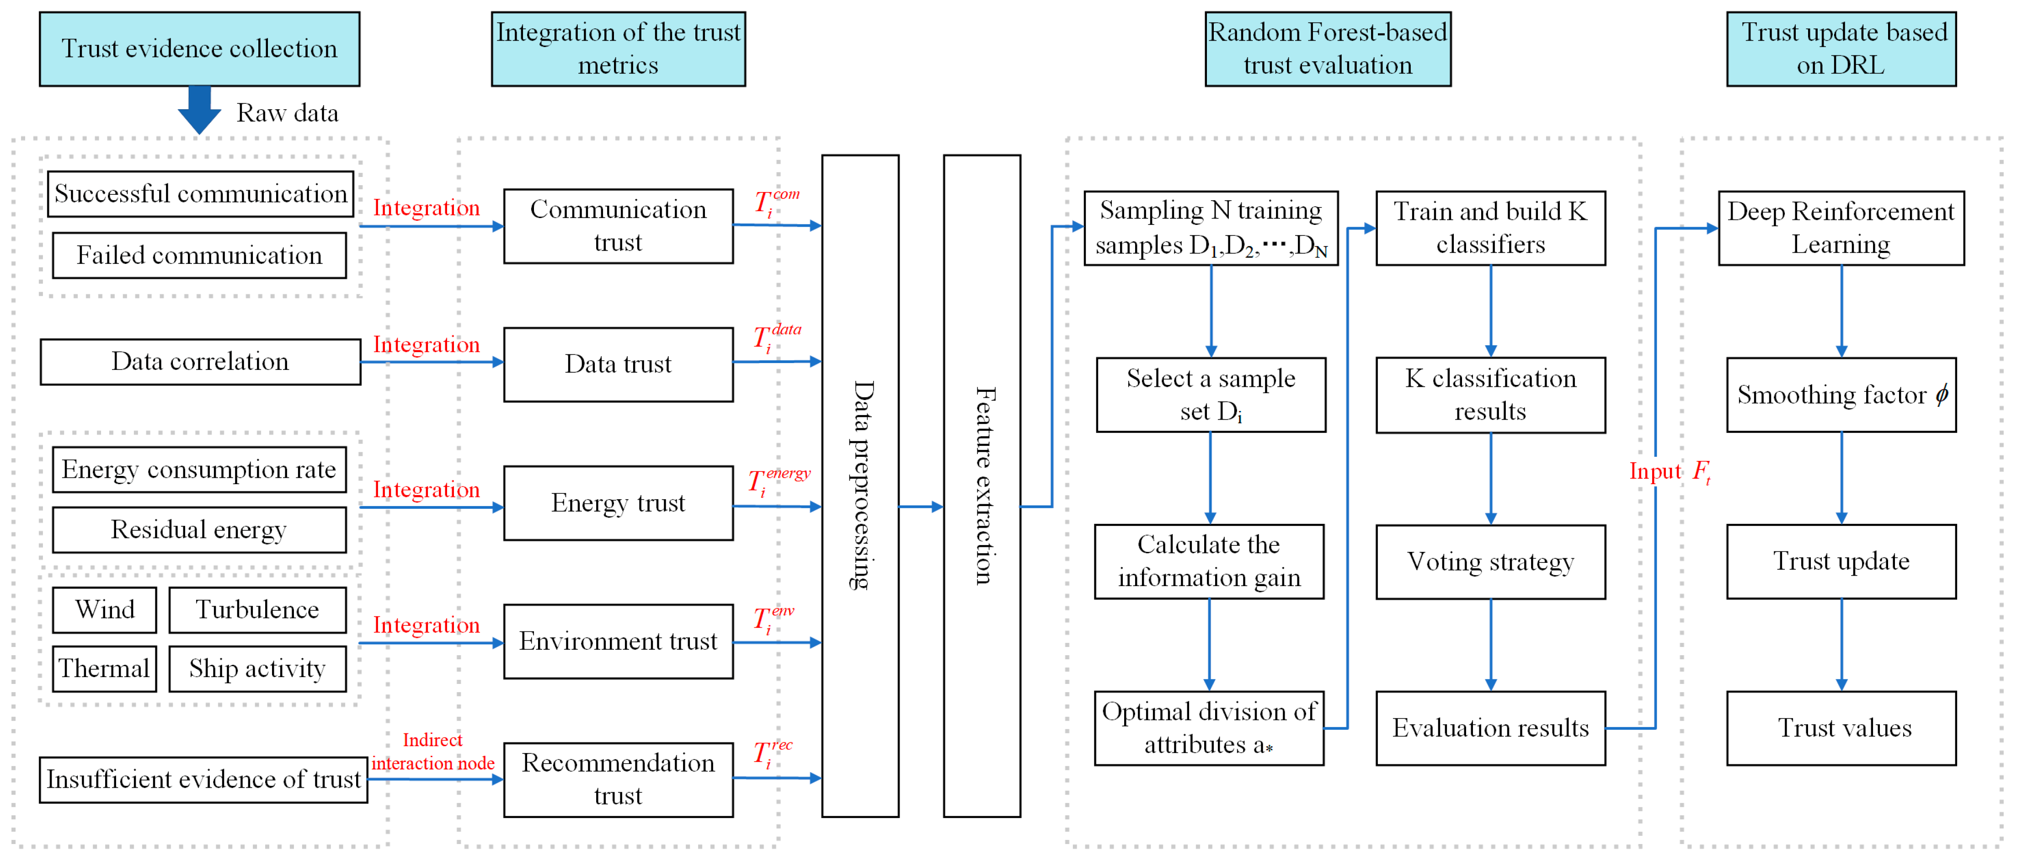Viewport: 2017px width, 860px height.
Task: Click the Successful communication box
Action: (200, 193)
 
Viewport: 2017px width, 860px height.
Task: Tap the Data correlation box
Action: (200, 362)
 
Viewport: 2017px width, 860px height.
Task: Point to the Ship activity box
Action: (257, 669)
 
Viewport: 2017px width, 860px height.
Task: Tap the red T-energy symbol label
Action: (778, 480)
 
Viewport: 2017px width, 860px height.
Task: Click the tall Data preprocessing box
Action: (860, 486)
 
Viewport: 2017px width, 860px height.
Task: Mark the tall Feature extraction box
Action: (982, 486)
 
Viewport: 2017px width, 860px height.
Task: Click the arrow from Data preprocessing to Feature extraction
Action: (921, 507)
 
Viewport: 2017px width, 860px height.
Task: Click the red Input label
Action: (1654, 471)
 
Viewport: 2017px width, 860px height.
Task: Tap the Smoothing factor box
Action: (1841, 395)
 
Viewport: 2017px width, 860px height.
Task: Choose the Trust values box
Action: (1841, 728)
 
